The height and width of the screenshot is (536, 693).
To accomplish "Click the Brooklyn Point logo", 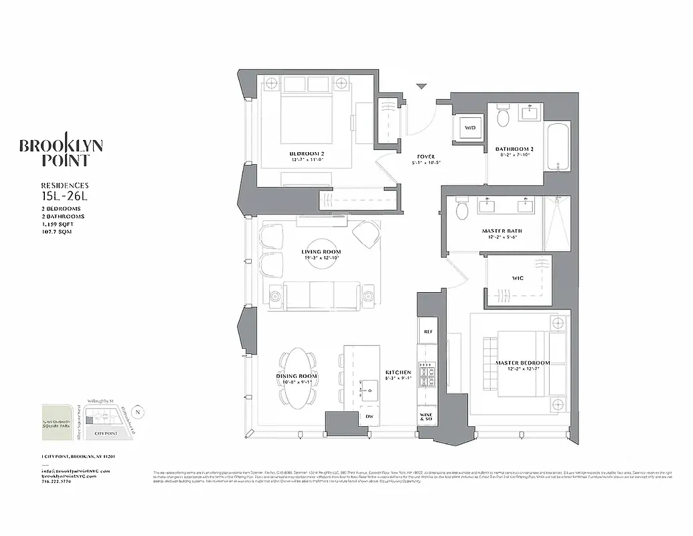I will click(x=61, y=152).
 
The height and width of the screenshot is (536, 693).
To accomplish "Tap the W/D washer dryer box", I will click(x=470, y=127).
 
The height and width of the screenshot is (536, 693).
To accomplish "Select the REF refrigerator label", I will click(x=427, y=331).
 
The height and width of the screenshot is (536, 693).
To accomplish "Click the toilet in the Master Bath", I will click(x=461, y=212).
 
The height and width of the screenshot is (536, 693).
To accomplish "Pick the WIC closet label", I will click(x=518, y=278).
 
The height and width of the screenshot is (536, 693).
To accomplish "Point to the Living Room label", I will click(x=321, y=253).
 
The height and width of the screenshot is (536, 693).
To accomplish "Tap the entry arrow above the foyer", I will click(x=421, y=86).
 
